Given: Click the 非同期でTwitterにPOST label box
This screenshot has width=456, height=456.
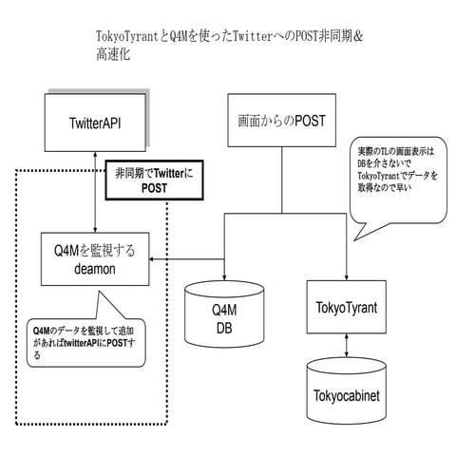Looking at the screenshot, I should point(152,180).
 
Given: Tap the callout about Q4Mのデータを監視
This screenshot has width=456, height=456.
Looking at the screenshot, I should point(81,342).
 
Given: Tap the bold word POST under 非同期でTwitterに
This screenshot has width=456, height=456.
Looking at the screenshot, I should point(153,187).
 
